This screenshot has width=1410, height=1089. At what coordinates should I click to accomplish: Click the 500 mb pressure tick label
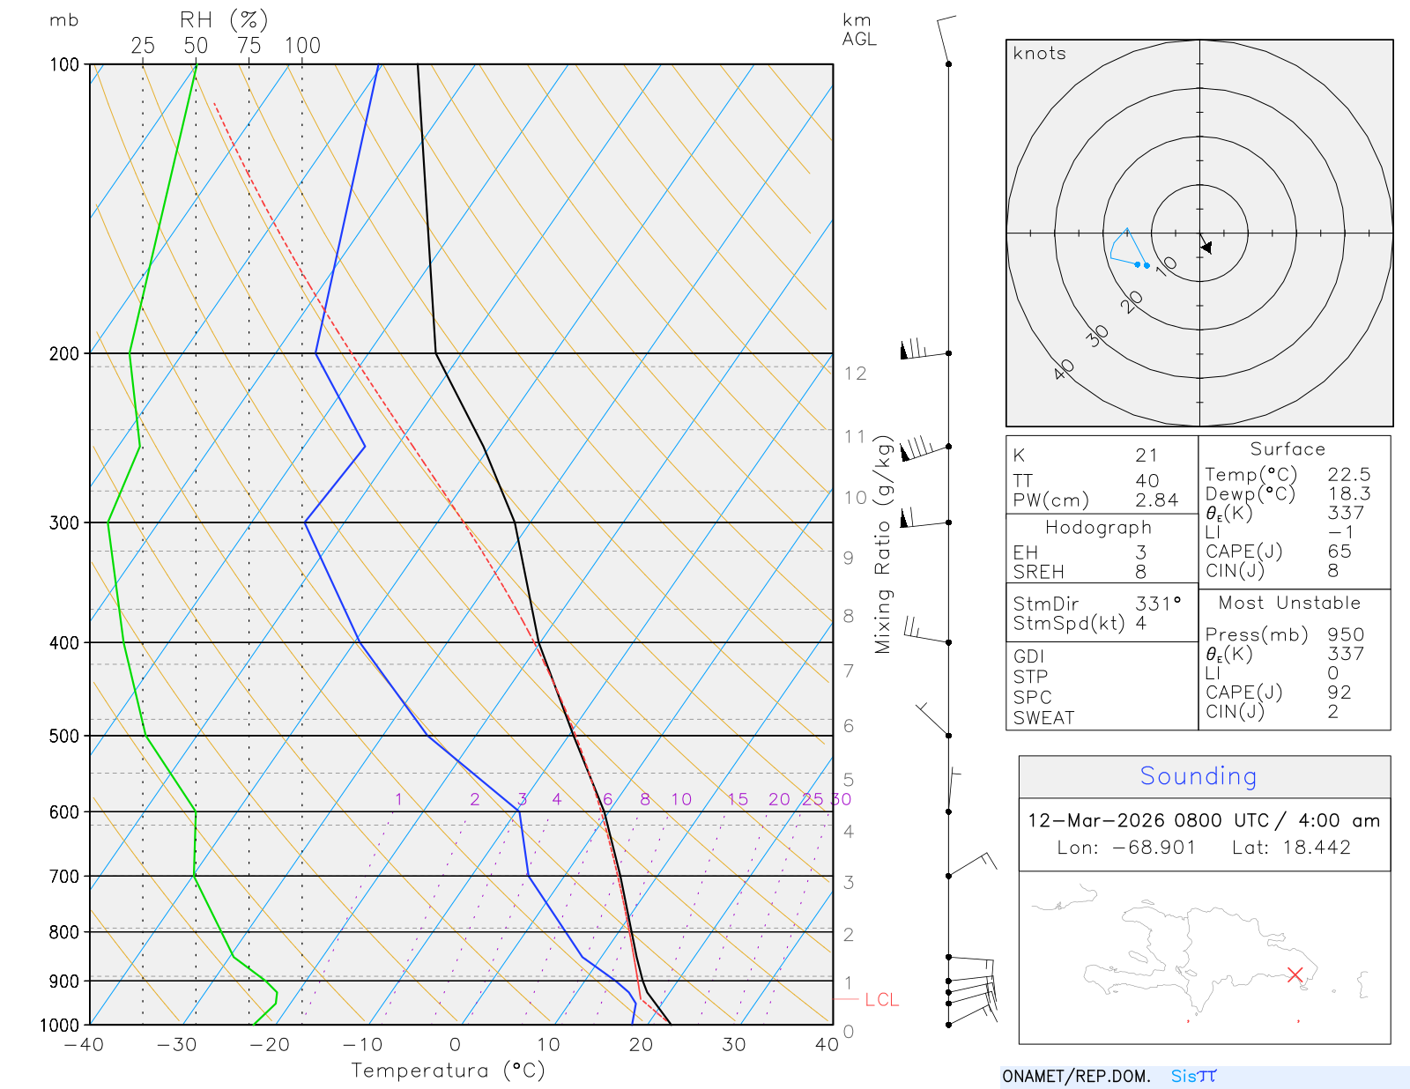[64, 736]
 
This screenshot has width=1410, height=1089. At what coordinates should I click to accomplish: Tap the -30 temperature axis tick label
[177, 1045]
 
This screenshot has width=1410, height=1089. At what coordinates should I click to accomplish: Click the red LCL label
[881, 1000]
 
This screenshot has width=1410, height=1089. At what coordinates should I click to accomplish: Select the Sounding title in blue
[1198, 776]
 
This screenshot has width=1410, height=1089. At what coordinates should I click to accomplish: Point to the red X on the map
[1295, 974]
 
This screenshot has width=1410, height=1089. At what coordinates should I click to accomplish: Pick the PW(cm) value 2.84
[1156, 500]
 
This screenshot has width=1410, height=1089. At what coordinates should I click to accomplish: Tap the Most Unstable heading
[1289, 604]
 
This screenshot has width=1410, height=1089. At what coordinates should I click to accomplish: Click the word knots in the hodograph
[1040, 54]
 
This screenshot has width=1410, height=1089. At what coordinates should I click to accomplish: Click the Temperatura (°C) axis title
[448, 1070]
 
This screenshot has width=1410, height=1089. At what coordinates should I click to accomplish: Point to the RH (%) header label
[224, 20]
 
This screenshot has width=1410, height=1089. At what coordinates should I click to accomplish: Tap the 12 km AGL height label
[855, 374]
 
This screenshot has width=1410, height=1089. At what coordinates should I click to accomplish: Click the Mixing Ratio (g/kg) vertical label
[883, 544]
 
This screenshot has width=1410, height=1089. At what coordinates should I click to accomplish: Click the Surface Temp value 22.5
[1349, 475]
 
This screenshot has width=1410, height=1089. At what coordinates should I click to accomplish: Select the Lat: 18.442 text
[1291, 848]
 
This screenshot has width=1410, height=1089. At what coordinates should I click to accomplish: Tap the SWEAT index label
[1043, 718]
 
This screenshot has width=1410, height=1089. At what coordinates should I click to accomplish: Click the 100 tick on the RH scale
[302, 46]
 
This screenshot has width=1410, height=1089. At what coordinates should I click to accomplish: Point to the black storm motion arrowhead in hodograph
[1206, 248]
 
